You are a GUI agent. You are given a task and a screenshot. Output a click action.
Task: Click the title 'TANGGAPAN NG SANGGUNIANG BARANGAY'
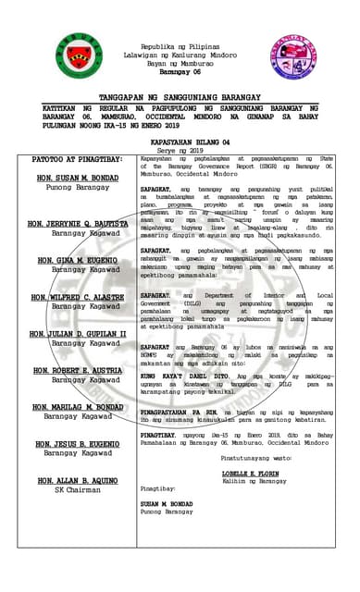[x=180, y=97]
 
